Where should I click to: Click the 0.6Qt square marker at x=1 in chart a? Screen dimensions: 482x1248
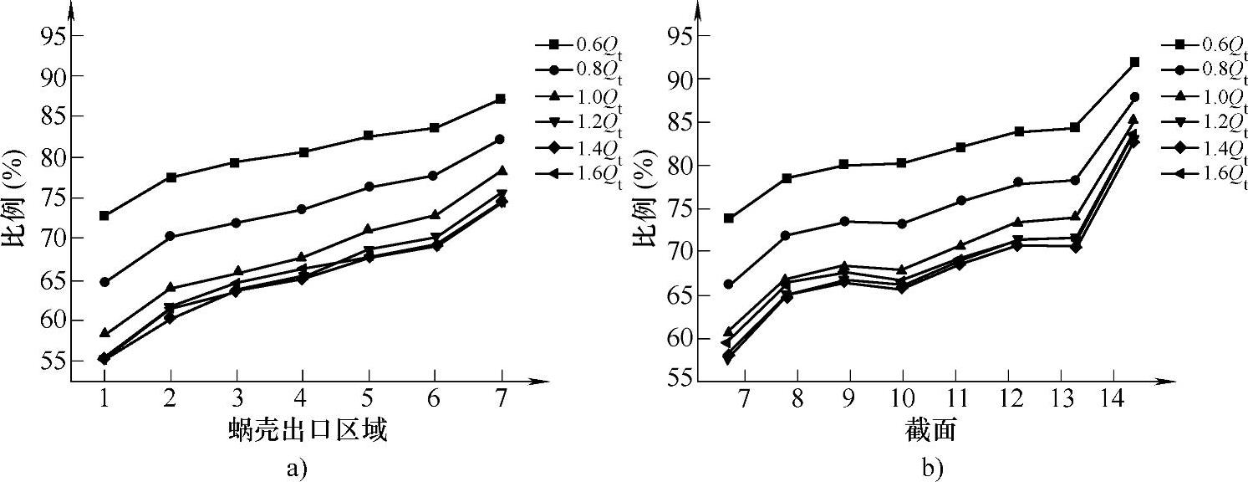pyautogui.click(x=104, y=216)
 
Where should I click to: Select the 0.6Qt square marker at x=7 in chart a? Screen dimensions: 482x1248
pyautogui.click(x=500, y=99)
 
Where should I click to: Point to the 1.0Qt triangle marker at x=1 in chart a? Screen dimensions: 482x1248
pyautogui.click(x=104, y=332)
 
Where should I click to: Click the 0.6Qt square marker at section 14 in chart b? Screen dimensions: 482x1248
pyautogui.click(x=1134, y=62)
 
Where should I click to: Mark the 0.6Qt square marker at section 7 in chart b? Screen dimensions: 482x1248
pyautogui.click(x=729, y=218)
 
